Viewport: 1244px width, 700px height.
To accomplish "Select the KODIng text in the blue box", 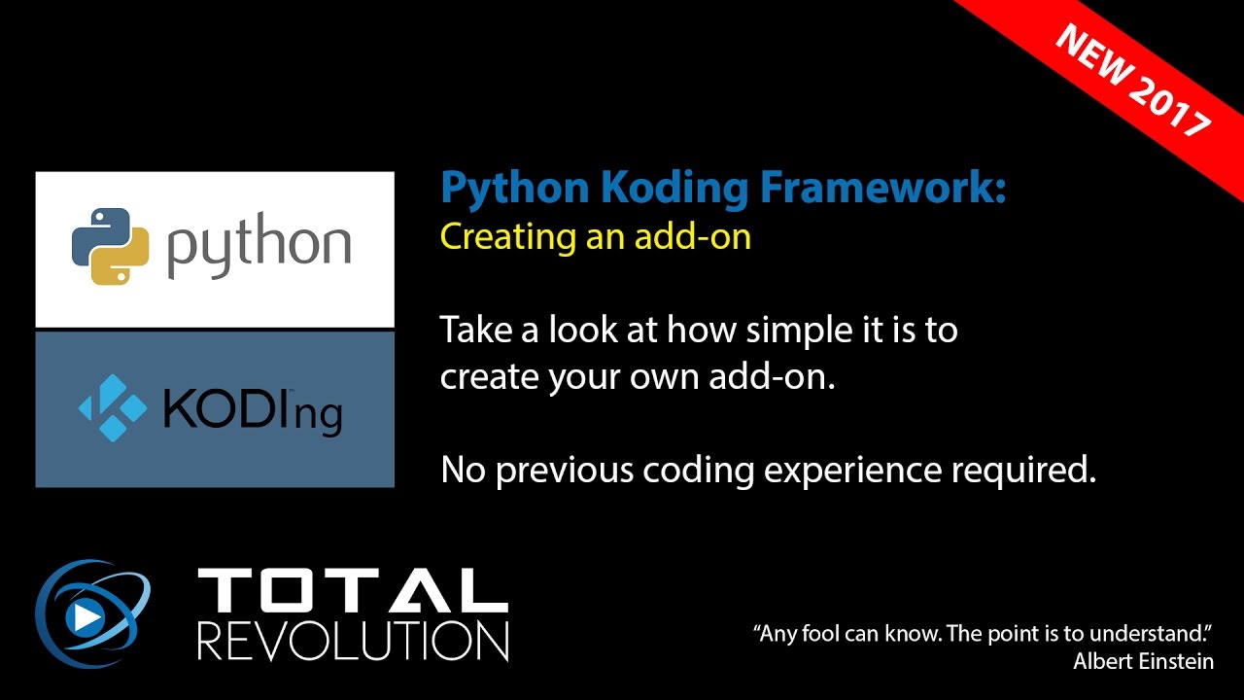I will pos(253,410).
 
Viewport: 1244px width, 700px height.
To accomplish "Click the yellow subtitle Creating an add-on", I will pos(595,237).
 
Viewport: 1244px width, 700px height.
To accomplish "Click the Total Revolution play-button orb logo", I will pos(92,612).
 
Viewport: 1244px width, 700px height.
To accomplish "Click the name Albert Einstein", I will pos(1143,661).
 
